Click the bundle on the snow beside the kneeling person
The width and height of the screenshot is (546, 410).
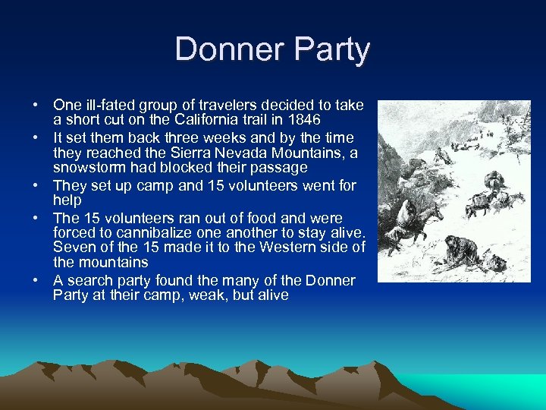(497, 264)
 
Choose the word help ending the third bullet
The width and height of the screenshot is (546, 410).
(67, 200)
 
